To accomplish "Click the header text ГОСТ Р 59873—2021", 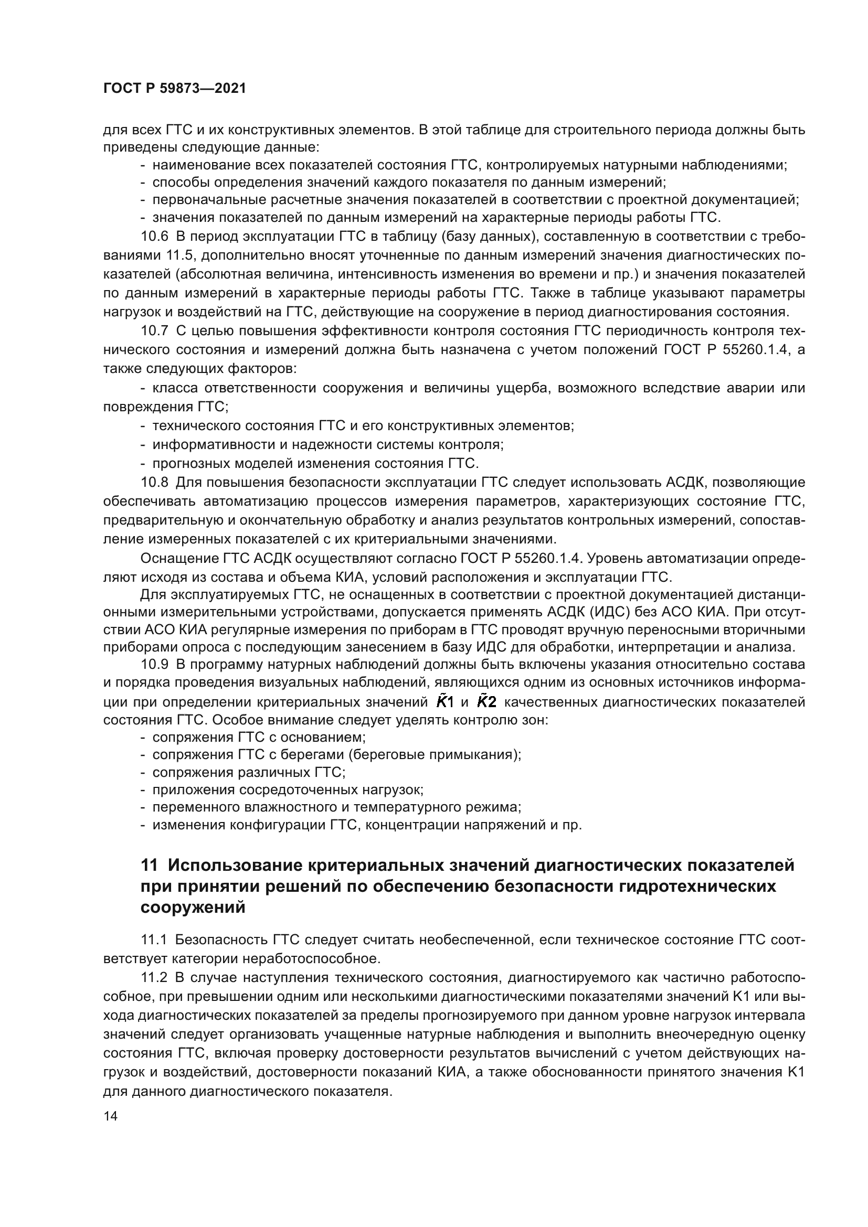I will [x=175, y=89].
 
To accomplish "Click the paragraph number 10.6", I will [x=154, y=236].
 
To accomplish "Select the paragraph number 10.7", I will [x=154, y=331].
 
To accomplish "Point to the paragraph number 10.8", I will [x=154, y=483].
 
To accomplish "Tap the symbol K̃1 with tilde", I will [x=444, y=702].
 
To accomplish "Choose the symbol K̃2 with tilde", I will [x=486, y=702].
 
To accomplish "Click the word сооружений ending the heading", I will [x=193, y=908].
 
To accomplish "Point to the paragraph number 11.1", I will [x=154, y=940].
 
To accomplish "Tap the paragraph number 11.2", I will [x=154, y=978].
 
